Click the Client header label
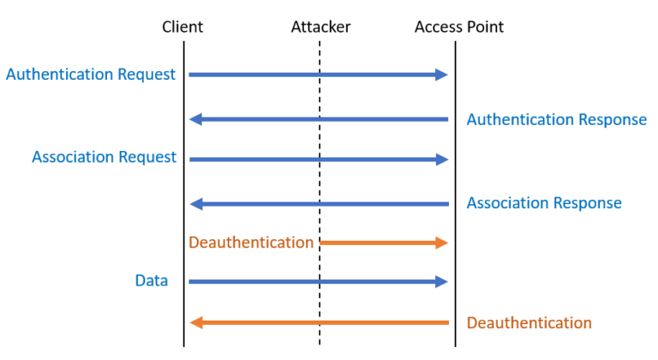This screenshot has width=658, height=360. [182, 27]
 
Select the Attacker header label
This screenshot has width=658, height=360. [320, 27]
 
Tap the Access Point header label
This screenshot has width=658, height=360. [458, 27]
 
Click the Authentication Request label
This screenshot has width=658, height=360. [90, 75]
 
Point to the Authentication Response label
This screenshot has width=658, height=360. [556, 119]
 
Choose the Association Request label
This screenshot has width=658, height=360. [104, 158]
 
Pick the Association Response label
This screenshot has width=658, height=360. [544, 203]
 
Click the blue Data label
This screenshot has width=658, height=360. [151, 280]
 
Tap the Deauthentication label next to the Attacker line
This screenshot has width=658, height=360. [251, 243]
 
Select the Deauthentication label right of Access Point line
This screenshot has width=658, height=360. [529, 323]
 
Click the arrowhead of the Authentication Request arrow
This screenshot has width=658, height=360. [442, 75]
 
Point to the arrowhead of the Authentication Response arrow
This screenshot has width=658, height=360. [195, 119]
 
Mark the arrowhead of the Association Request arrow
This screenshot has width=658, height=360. [442, 159]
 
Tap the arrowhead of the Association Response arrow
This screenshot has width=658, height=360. [195, 204]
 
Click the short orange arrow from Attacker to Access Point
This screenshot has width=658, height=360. [381, 243]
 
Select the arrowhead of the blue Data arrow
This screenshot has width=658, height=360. [442, 281]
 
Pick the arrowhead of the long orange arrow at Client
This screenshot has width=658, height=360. [195, 323]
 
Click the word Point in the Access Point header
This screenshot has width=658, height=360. [484, 27]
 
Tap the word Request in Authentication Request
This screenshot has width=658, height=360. [147, 75]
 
